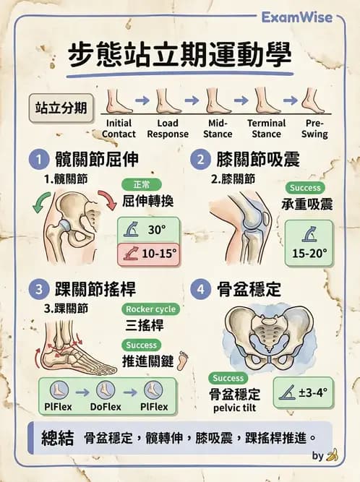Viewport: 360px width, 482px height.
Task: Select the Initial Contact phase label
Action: point(118,129)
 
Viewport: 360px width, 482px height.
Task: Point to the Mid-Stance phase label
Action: point(218,129)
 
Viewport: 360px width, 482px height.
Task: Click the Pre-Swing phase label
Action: point(315,129)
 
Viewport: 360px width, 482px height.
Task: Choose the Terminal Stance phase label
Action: point(266,129)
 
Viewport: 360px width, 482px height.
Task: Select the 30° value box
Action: point(147,230)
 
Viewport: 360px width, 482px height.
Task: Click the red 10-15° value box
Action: point(147,254)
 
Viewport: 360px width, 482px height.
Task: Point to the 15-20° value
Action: point(309,254)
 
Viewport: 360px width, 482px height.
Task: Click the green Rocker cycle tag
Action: point(150,309)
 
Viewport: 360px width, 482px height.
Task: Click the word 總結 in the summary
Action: point(52,438)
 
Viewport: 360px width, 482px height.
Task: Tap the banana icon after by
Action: point(333,456)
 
